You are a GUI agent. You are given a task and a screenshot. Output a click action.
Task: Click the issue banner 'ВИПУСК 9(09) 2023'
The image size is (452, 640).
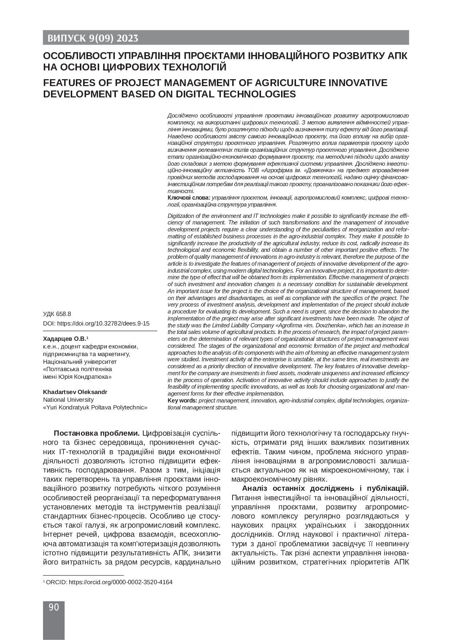[x=91, y=38]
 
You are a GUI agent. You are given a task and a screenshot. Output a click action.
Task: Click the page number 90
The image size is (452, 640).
[x=54, y=607]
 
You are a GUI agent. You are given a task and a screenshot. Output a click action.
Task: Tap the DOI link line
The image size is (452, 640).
[x=96, y=323]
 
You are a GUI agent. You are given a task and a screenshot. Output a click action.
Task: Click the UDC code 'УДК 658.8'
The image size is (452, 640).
[x=57, y=314]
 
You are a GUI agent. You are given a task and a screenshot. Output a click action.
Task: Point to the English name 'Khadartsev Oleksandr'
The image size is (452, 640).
[x=75, y=392]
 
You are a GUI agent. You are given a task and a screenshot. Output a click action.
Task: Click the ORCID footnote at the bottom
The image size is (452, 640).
[x=108, y=582]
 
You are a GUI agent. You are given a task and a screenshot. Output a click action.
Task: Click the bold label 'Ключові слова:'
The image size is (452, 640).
[x=189, y=197]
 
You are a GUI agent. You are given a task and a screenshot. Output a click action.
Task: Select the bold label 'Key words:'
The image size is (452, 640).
[x=182, y=400]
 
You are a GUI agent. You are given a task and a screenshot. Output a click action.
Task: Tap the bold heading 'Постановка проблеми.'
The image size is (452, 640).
[x=97, y=433]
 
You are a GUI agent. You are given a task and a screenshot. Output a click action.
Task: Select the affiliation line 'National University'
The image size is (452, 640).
[x=68, y=400]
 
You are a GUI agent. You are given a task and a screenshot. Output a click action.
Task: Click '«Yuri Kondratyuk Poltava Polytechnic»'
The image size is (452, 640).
[x=95, y=407]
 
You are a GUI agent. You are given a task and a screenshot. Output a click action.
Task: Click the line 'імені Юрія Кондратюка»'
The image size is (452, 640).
[x=77, y=377]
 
